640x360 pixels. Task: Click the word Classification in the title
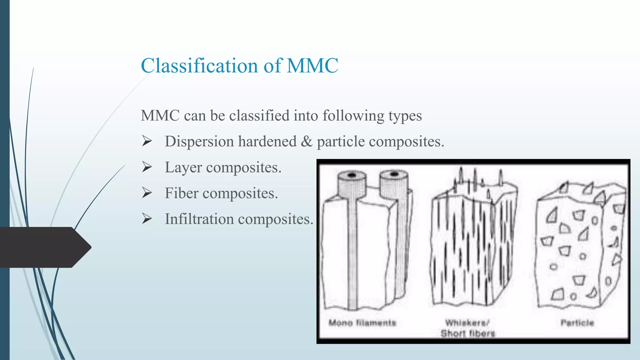(199, 66)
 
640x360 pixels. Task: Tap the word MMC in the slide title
(312, 66)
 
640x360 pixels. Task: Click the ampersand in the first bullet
(307, 142)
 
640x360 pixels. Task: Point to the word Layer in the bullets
(183, 167)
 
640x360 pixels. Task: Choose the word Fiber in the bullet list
(182, 193)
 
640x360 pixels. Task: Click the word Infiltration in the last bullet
(199, 219)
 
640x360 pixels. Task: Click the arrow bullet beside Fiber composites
(147, 193)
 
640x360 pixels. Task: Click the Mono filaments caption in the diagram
(362, 323)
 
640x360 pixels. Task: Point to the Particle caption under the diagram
(577, 323)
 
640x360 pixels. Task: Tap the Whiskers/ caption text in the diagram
(467, 322)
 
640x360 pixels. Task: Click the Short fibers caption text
(468, 334)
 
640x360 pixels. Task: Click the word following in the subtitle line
(353, 116)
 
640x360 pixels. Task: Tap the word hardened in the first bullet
(267, 142)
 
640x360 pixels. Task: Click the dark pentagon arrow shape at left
(44, 247)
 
